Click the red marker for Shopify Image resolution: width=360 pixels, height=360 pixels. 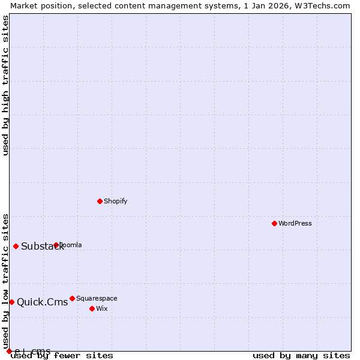100,201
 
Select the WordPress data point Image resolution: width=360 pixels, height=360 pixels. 274,223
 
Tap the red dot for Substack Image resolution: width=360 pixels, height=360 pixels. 16,246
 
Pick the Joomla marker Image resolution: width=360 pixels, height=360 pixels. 56,245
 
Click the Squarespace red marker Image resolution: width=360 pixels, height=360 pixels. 72,298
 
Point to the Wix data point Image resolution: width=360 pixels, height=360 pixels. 92,308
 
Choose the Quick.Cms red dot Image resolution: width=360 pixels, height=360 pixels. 11,302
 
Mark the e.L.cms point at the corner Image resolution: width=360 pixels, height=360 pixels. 9,351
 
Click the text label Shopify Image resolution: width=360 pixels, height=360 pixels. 115,201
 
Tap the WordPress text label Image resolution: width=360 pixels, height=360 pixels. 295,223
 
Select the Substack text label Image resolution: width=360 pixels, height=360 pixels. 42,247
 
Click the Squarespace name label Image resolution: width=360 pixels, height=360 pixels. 97,298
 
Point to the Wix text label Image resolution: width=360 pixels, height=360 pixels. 102,308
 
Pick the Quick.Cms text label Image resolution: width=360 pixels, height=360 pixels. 42,302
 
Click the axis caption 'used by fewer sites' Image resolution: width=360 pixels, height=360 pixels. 62,355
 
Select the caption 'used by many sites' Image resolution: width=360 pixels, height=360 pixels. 301,355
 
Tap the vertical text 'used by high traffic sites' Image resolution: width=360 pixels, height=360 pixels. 5,85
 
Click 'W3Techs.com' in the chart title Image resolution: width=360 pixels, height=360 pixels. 322,5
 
